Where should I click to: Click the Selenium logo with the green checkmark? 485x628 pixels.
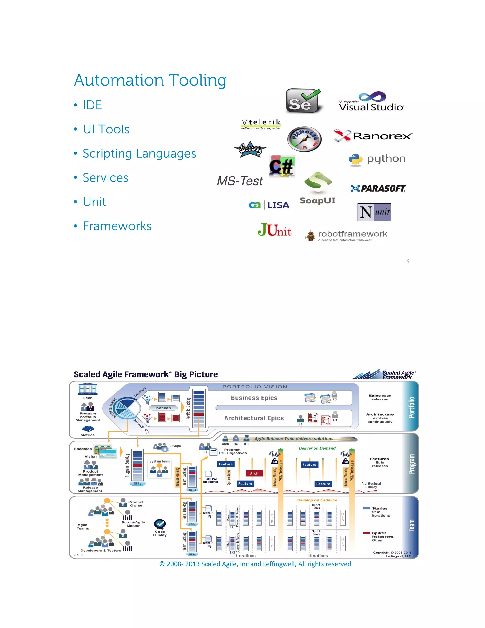point(303,101)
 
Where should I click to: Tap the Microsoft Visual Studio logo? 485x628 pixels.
point(371,102)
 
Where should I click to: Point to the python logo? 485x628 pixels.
point(377,159)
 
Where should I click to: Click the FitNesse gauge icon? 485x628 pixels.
point(304,139)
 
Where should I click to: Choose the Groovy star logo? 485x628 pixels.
point(250,149)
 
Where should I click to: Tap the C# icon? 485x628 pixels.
point(282,166)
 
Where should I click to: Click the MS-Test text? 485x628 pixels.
point(240,181)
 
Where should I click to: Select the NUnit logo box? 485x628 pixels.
point(374,212)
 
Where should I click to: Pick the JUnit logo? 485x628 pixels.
point(274,230)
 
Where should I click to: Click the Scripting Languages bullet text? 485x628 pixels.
point(139,154)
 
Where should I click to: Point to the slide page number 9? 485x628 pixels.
point(408,261)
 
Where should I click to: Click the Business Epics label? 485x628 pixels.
point(254,398)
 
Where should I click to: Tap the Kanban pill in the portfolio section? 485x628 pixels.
point(163,408)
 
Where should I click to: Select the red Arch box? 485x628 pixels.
point(254,473)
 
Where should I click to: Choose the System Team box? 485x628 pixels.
point(159,469)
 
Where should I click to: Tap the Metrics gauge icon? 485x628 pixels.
point(88,429)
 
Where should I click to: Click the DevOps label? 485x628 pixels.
point(175,446)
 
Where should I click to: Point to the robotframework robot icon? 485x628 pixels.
point(310,236)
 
